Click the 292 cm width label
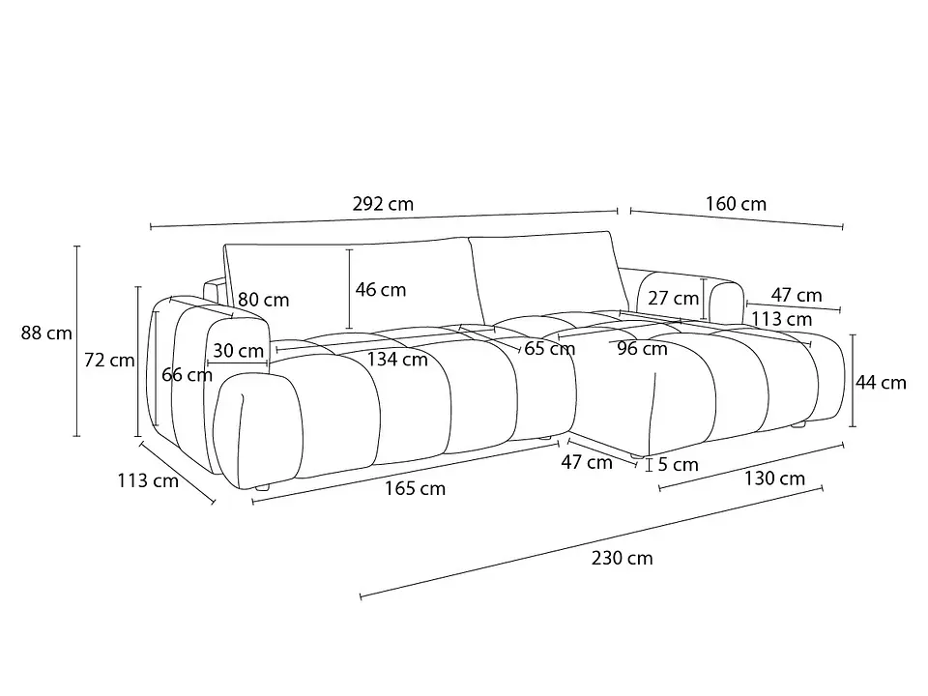click(x=383, y=204)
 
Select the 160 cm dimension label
click(x=736, y=204)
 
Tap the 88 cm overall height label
click(x=46, y=333)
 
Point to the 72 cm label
click(x=109, y=360)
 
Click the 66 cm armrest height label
click(x=187, y=375)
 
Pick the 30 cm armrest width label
click(x=238, y=350)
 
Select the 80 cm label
click(x=263, y=300)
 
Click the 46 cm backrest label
click(x=381, y=289)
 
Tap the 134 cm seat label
click(x=397, y=360)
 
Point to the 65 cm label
click(x=549, y=349)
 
